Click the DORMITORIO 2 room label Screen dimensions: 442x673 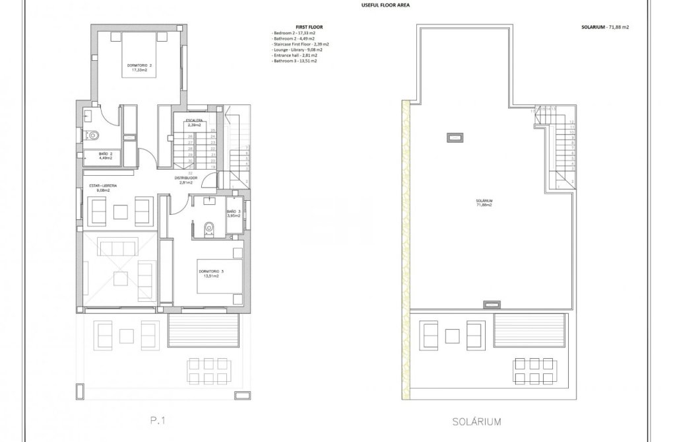(139, 66)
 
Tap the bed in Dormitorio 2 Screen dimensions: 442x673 (139, 57)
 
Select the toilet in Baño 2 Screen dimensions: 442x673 (94, 136)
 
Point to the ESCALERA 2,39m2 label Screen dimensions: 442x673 (193, 122)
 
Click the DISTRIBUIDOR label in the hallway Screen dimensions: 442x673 (186, 180)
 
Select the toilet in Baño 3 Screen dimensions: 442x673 (208, 228)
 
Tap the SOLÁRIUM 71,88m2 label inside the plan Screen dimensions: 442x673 (484, 202)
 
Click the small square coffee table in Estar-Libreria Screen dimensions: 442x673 (120, 211)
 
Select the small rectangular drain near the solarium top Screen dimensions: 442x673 (455, 137)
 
